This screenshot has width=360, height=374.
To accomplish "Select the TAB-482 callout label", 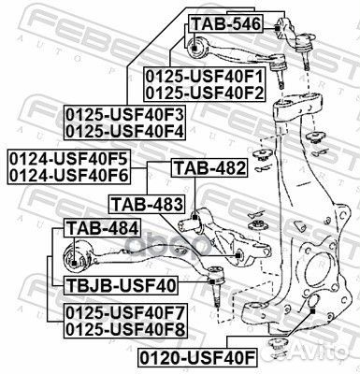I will [209, 168].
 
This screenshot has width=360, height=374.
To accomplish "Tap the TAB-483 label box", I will [145, 202].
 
